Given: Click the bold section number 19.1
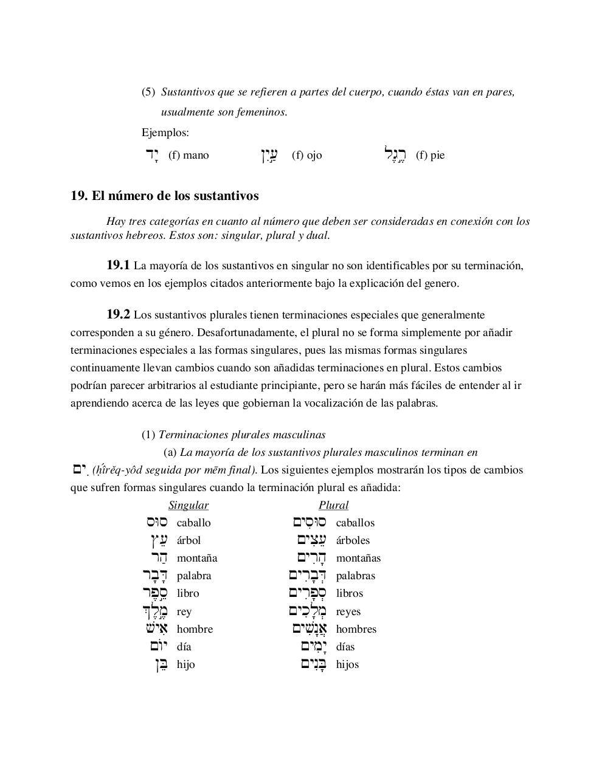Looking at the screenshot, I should [x=118, y=265].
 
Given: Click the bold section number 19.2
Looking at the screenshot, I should [x=118, y=314].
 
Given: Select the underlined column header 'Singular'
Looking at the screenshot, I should [x=189, y=505].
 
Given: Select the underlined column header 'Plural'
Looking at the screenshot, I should [x=333, y=505].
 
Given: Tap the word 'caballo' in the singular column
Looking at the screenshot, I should [x=193, y=523].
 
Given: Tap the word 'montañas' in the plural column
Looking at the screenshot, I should [x=358, y=558].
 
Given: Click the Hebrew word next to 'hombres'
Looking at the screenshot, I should [x=309, y=628].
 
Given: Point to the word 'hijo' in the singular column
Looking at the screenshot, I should [x=185, y=664].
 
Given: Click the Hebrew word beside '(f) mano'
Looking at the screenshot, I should [x=151, y=155].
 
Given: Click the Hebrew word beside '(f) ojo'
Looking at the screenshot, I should [x=269, y=156].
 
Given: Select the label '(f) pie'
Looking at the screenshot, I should [x=430, y=155].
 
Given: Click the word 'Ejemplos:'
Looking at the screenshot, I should [x=165, y=133].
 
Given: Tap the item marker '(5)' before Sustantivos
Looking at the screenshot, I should [x=148, y=92].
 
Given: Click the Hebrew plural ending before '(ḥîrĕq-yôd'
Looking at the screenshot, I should [x=80, y=469].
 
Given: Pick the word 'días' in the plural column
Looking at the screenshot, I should [x=345, y=647].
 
